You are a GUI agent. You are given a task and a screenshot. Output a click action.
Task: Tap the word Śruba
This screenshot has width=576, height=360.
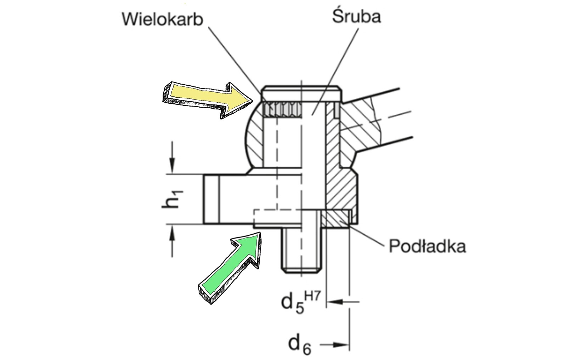click(356, 17)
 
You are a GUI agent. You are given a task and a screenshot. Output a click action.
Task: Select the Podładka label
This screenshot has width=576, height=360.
click(427, 246)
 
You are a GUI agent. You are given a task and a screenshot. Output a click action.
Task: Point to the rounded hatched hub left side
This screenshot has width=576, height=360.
click(254, 138)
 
